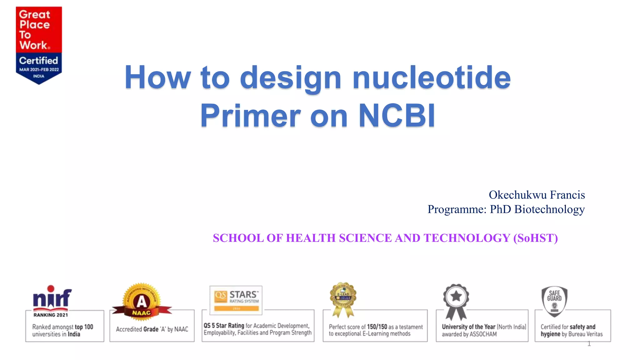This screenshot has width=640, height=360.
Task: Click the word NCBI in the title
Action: (397, 116)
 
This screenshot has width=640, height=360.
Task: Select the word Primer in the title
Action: (250, 116)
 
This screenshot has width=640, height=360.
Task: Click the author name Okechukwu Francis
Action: (537, 195)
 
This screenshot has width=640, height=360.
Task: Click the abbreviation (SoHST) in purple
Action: (535, 238)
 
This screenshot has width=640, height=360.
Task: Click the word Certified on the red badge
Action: (38, 60)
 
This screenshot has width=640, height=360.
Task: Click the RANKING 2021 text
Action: (51, 315)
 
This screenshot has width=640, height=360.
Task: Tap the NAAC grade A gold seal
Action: (142, 301)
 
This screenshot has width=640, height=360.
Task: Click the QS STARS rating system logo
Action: (236, 300)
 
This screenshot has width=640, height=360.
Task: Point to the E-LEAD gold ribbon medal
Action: (343, 298)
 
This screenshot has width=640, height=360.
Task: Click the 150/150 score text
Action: (377, 327)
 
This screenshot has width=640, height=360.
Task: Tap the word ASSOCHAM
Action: (483, 334)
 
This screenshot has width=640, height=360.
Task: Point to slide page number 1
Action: (589, 344)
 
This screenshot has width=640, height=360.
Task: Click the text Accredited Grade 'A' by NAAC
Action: (152, 329)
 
